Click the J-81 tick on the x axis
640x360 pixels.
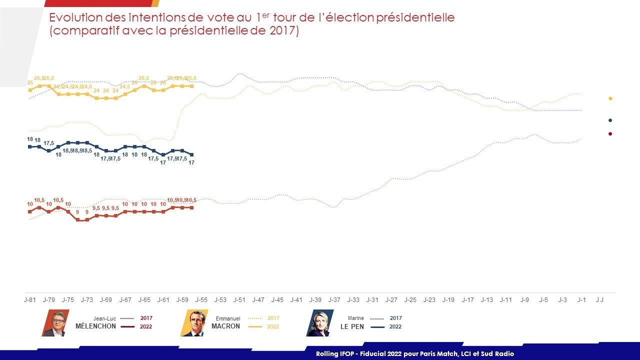(29, 300)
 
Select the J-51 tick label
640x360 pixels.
(239, 300)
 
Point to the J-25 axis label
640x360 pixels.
(410, 300)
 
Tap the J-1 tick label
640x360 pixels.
(581, 300)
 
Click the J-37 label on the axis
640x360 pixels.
(334, 300)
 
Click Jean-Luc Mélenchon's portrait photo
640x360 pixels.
(55, 323)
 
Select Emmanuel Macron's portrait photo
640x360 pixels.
(193, 323)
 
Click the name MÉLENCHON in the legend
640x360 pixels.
(95, 326)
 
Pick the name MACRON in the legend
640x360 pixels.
(225, 326)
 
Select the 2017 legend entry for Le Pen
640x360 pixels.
(395, 318)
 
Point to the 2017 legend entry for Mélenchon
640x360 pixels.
(146, 318)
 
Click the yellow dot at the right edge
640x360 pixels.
(610, 98)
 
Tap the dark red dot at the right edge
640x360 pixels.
(610, 133)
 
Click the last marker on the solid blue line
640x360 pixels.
(192, 154)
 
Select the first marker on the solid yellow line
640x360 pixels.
(30, 90)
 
